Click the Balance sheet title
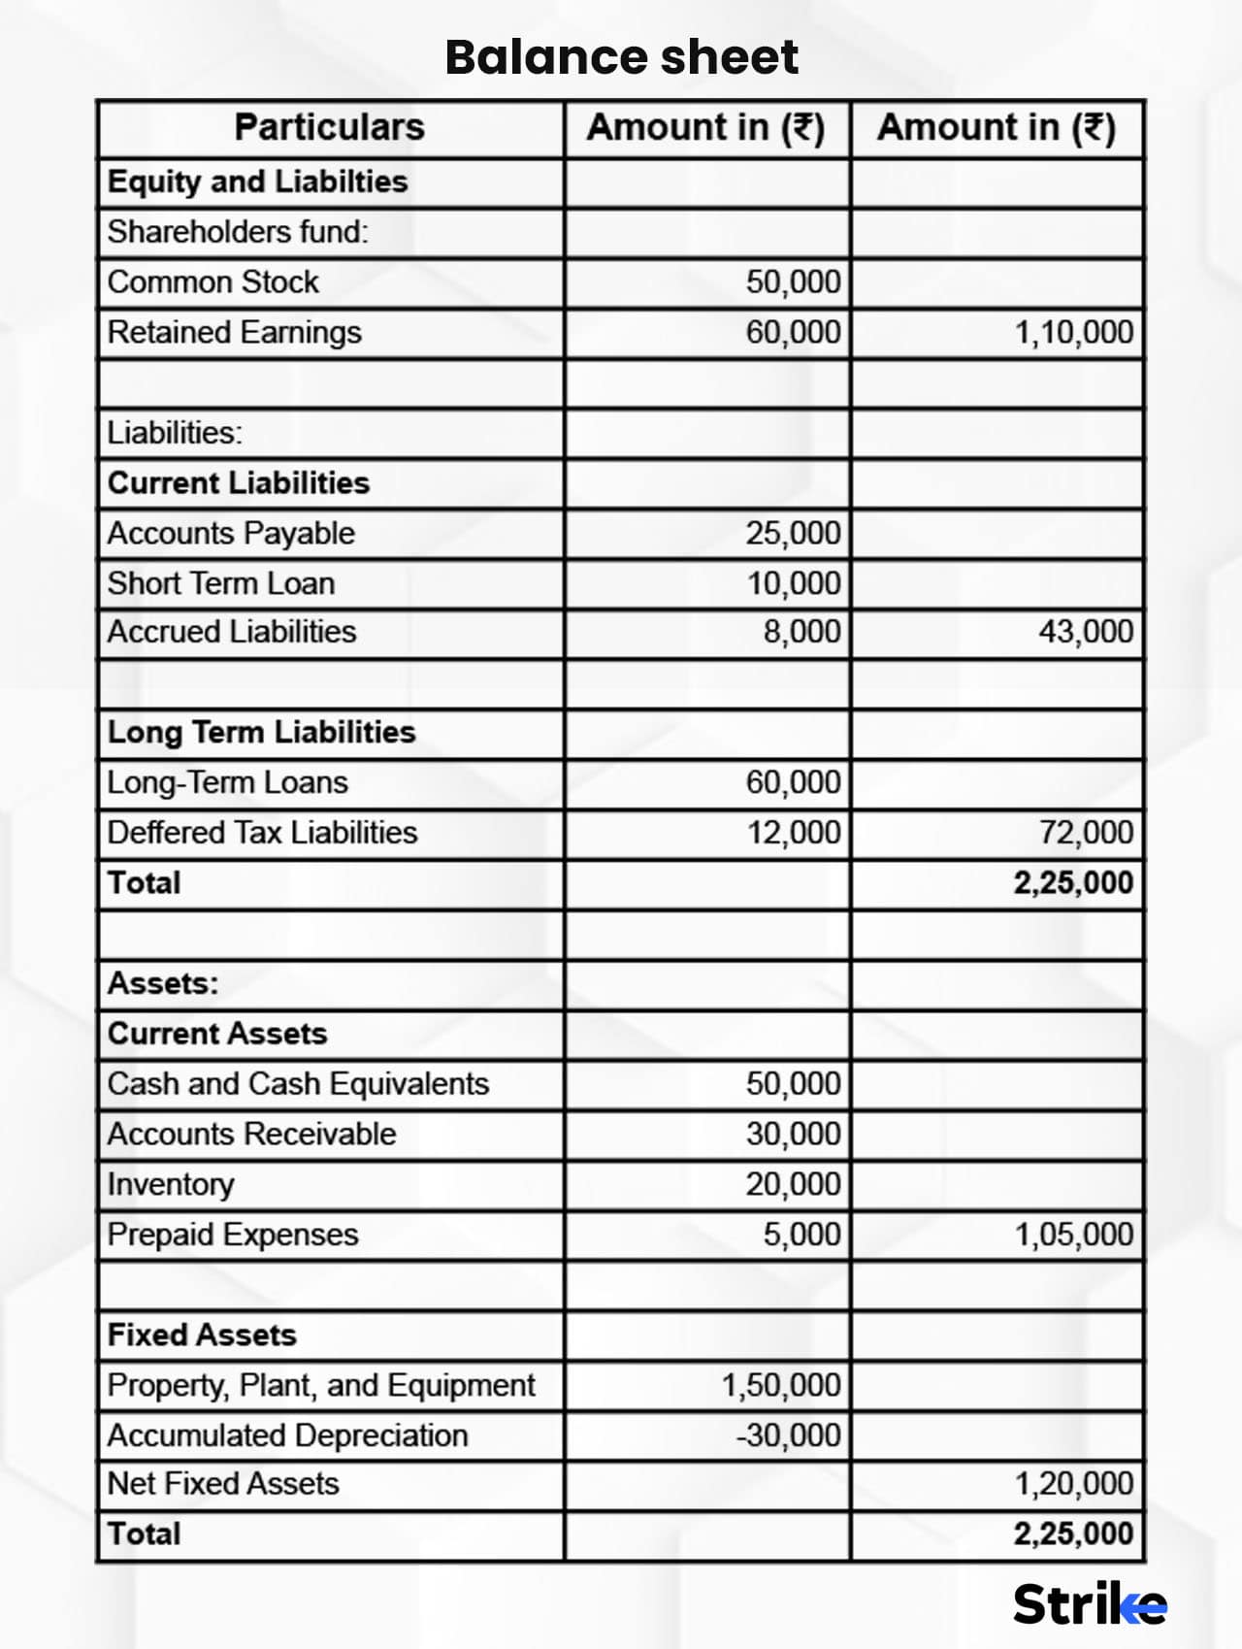pos(621,57)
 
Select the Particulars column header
pos(330,127)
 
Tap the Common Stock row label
pos(212,282)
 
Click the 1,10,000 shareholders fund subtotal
pos(1073,333)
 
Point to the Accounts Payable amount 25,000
pos(793,534)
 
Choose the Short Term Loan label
pos(221,583)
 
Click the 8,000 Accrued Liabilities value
pos(801,632)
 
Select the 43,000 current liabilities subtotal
pos(1085,632)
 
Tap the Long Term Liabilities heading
pos(261,732)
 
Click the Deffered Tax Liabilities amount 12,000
pos(793,833)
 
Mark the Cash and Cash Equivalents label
pos(298,1084)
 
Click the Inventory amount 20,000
pos(793,1184)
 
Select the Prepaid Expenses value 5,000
pos(801,1235)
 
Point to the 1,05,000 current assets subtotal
pos(1073,1235)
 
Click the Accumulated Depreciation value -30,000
pos(788,1435)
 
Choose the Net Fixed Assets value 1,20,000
pos(1073,1484)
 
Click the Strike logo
pos(1089,1604)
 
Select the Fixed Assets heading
pos(202,1336)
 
